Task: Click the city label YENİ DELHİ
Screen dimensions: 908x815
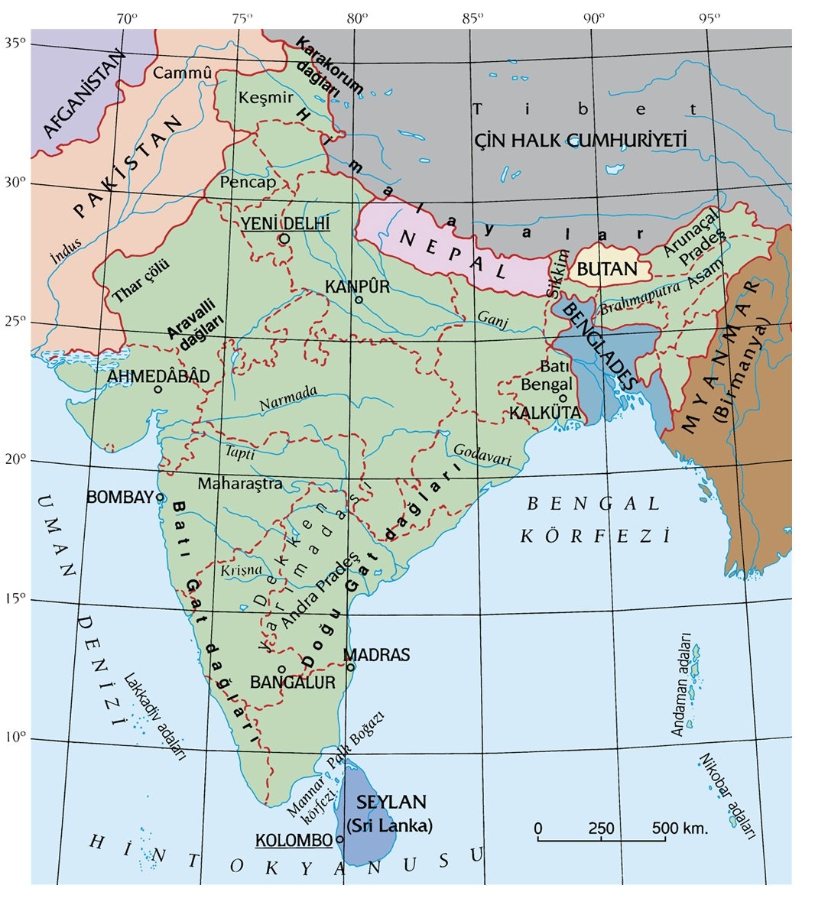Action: tap(285, 223)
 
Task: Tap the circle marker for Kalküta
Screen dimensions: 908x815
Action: tap(563, 397)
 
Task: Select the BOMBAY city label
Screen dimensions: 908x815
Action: tap(120, 497)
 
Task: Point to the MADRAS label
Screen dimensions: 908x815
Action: tap(376, 655)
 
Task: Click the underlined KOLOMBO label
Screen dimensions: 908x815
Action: tap(294, 840)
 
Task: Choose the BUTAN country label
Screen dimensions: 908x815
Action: tap(607, 269)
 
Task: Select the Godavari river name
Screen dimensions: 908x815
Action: tap(482, 454)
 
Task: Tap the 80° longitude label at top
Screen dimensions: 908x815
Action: tap(356, 17)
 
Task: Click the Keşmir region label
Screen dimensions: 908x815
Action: tap(265, 98)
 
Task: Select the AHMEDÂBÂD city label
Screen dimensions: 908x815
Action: tap(158, 376)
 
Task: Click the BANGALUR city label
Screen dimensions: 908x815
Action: tap(293, 683)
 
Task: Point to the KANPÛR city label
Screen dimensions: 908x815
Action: tap(357, 286)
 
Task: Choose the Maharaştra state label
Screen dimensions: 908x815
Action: tap(240, 484)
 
